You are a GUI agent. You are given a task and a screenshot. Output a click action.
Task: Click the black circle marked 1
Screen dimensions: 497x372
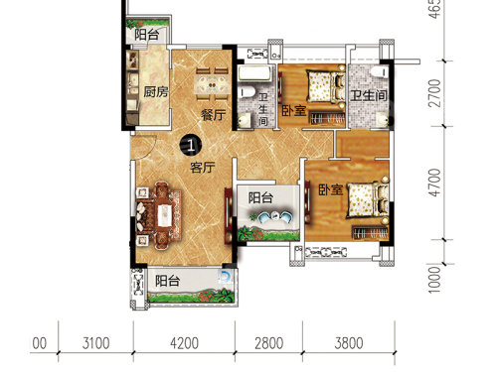(191, 145)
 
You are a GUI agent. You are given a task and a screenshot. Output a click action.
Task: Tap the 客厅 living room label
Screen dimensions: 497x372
(203, 168)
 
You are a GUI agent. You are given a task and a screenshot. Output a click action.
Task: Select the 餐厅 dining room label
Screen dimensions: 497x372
(214, 115)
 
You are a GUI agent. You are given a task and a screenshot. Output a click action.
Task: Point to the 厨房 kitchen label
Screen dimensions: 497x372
(156, 91)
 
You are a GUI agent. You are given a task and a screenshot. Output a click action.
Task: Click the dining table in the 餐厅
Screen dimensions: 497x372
(212, 84)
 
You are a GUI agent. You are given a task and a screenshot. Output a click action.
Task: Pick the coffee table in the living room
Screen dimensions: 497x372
(164, 215)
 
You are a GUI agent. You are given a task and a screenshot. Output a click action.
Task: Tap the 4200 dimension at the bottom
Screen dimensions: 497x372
(184, 343)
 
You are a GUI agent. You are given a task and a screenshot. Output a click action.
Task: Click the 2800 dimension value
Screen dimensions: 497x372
(268, 343)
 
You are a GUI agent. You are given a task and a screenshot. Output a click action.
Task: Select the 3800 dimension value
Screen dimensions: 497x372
(349, 343)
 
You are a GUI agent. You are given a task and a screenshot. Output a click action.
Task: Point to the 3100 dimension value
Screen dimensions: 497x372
(95, 343)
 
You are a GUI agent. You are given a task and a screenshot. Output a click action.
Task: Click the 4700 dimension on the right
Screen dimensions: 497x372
(434, 183)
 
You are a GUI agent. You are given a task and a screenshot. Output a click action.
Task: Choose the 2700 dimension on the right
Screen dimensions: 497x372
(434, 93)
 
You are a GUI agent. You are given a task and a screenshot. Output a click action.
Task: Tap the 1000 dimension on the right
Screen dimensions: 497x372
(434, 280)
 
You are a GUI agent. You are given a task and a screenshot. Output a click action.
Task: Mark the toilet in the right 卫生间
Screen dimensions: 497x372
(380, 71)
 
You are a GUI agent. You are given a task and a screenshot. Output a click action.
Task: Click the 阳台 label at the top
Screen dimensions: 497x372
(146, 35)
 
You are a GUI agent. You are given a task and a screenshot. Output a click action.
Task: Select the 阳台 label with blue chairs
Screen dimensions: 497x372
(260, 198)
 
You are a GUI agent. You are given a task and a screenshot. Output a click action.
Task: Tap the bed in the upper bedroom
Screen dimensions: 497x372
(326, 85)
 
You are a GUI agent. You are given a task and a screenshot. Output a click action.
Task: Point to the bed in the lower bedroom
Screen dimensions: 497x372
(367, 199)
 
